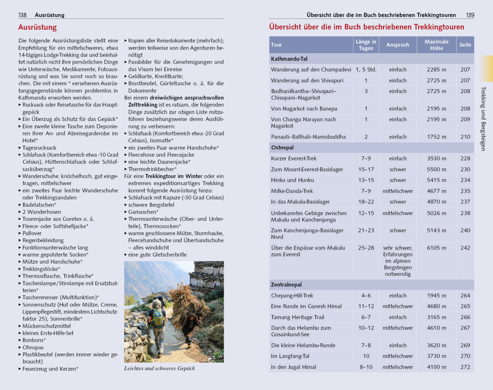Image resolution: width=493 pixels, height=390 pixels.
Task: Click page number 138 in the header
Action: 22,15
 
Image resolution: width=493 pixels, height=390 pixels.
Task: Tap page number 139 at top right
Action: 470,15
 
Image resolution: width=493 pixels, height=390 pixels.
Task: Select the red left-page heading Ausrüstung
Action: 37,27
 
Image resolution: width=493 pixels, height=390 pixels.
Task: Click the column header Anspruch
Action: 397,45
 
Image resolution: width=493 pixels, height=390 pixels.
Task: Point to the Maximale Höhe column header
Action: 436,45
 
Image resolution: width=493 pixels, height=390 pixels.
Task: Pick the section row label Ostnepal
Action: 282,147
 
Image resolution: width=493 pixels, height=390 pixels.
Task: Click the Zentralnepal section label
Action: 286,285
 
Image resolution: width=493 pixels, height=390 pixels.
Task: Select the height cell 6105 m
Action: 436,248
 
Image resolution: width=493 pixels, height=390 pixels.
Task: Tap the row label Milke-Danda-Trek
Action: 292,191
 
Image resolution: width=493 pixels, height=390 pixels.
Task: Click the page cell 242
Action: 465,248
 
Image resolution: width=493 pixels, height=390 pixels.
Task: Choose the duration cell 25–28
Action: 366,248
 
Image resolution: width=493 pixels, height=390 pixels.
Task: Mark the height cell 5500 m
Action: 436,169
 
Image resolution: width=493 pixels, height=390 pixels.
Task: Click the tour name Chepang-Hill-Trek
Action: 292,296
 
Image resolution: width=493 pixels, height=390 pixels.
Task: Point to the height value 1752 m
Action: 436,137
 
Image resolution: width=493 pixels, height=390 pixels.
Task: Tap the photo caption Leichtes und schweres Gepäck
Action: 159,368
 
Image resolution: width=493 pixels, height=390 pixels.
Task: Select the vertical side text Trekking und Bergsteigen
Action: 483,119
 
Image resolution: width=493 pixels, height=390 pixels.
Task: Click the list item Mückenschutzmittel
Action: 46,326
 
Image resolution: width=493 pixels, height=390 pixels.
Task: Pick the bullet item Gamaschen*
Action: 143,212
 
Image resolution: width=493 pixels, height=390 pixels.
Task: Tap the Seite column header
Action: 465,45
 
